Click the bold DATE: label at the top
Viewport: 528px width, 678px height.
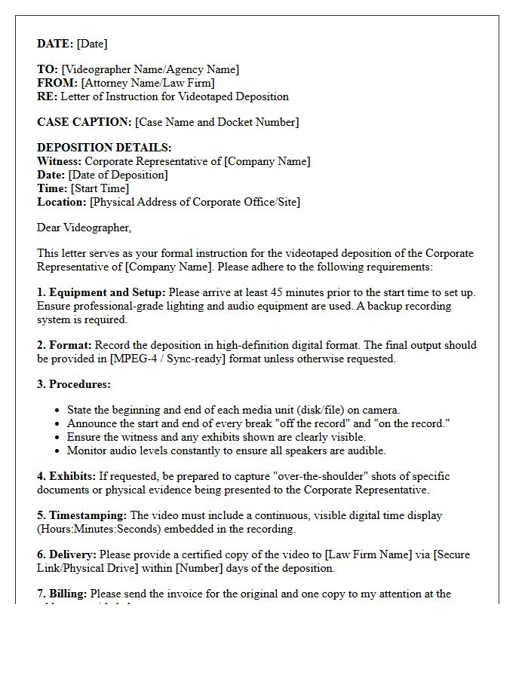pos(55,44)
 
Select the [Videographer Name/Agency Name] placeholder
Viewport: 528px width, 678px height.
pos(150,69)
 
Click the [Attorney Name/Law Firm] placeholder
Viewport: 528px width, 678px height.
pos(148,83)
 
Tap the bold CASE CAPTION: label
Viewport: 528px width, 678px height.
pos(84,122)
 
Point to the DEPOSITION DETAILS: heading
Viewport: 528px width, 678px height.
pos(104,148)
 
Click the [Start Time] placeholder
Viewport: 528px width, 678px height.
pos(100,188)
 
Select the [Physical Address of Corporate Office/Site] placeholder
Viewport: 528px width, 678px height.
pos(195,202)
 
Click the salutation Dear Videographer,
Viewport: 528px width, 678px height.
pos(84,228)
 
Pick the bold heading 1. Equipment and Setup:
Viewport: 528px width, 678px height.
pos(101,292)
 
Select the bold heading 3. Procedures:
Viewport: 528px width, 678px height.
pos(74,384)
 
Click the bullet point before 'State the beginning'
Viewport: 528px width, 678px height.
pos(58,411)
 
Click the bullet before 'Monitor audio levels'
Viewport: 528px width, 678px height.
pos(58,451)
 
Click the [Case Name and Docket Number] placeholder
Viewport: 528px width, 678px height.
pos(216,122)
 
